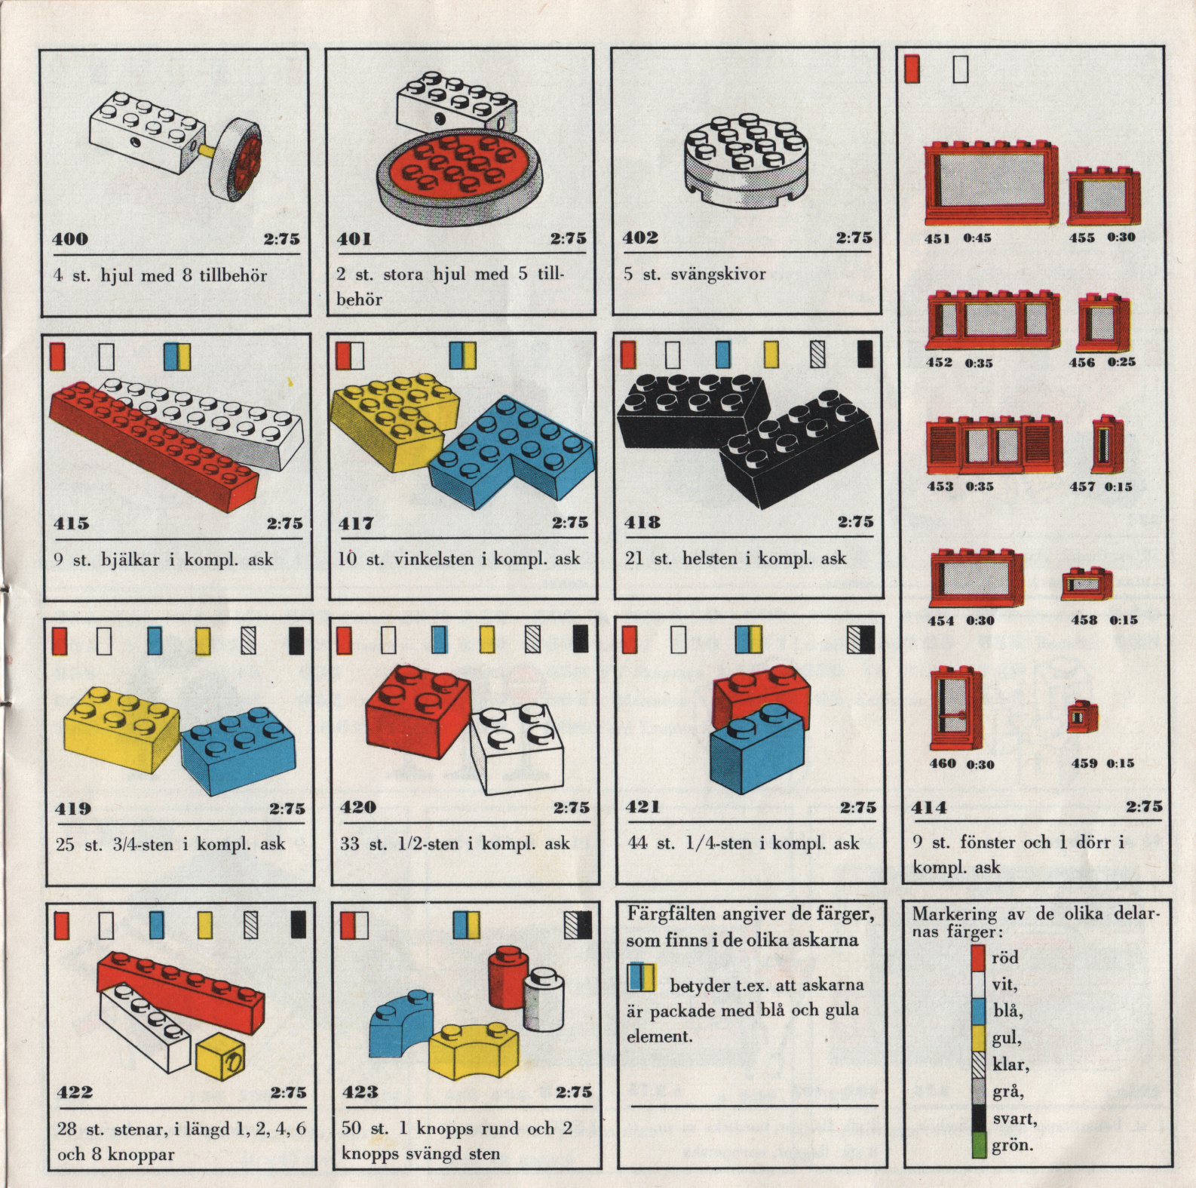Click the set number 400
pos(70,239)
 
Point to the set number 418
pos(642,522)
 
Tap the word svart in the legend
pos(1014,1119)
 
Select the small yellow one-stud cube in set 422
pos(220,1054)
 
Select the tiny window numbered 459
pos(1083,715)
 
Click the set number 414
pos(929,808)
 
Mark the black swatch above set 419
pos(297,641)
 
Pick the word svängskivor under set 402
pos(718,274)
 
